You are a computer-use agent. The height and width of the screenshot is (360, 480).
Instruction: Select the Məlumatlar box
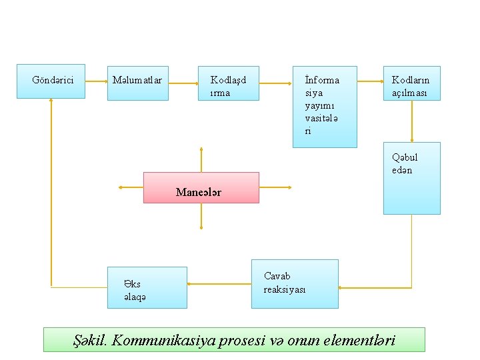[x=138, y=81]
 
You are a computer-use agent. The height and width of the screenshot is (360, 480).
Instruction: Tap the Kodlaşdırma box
[x=229, y=83]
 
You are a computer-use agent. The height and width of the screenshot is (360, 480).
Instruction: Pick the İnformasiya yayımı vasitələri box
[x=325, y=106]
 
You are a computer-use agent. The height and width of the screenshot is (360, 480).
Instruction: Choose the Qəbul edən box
[x=412, y=178]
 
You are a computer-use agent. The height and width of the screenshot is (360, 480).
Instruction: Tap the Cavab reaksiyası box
[x=294, y=284]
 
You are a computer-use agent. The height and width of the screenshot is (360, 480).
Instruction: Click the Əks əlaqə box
[x=147, y=287]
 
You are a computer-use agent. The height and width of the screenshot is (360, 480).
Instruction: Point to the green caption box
[x=234, y=339]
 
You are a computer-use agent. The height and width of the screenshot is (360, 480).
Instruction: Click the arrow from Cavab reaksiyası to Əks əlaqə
[x=219, y=283]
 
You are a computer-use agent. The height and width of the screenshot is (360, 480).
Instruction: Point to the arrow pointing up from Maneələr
[x=201, y=159]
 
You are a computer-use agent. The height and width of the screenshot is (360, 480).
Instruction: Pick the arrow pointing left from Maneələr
[x=131, y=188]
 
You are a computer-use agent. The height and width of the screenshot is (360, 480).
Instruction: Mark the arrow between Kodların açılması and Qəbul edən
[x=412, y=121]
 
